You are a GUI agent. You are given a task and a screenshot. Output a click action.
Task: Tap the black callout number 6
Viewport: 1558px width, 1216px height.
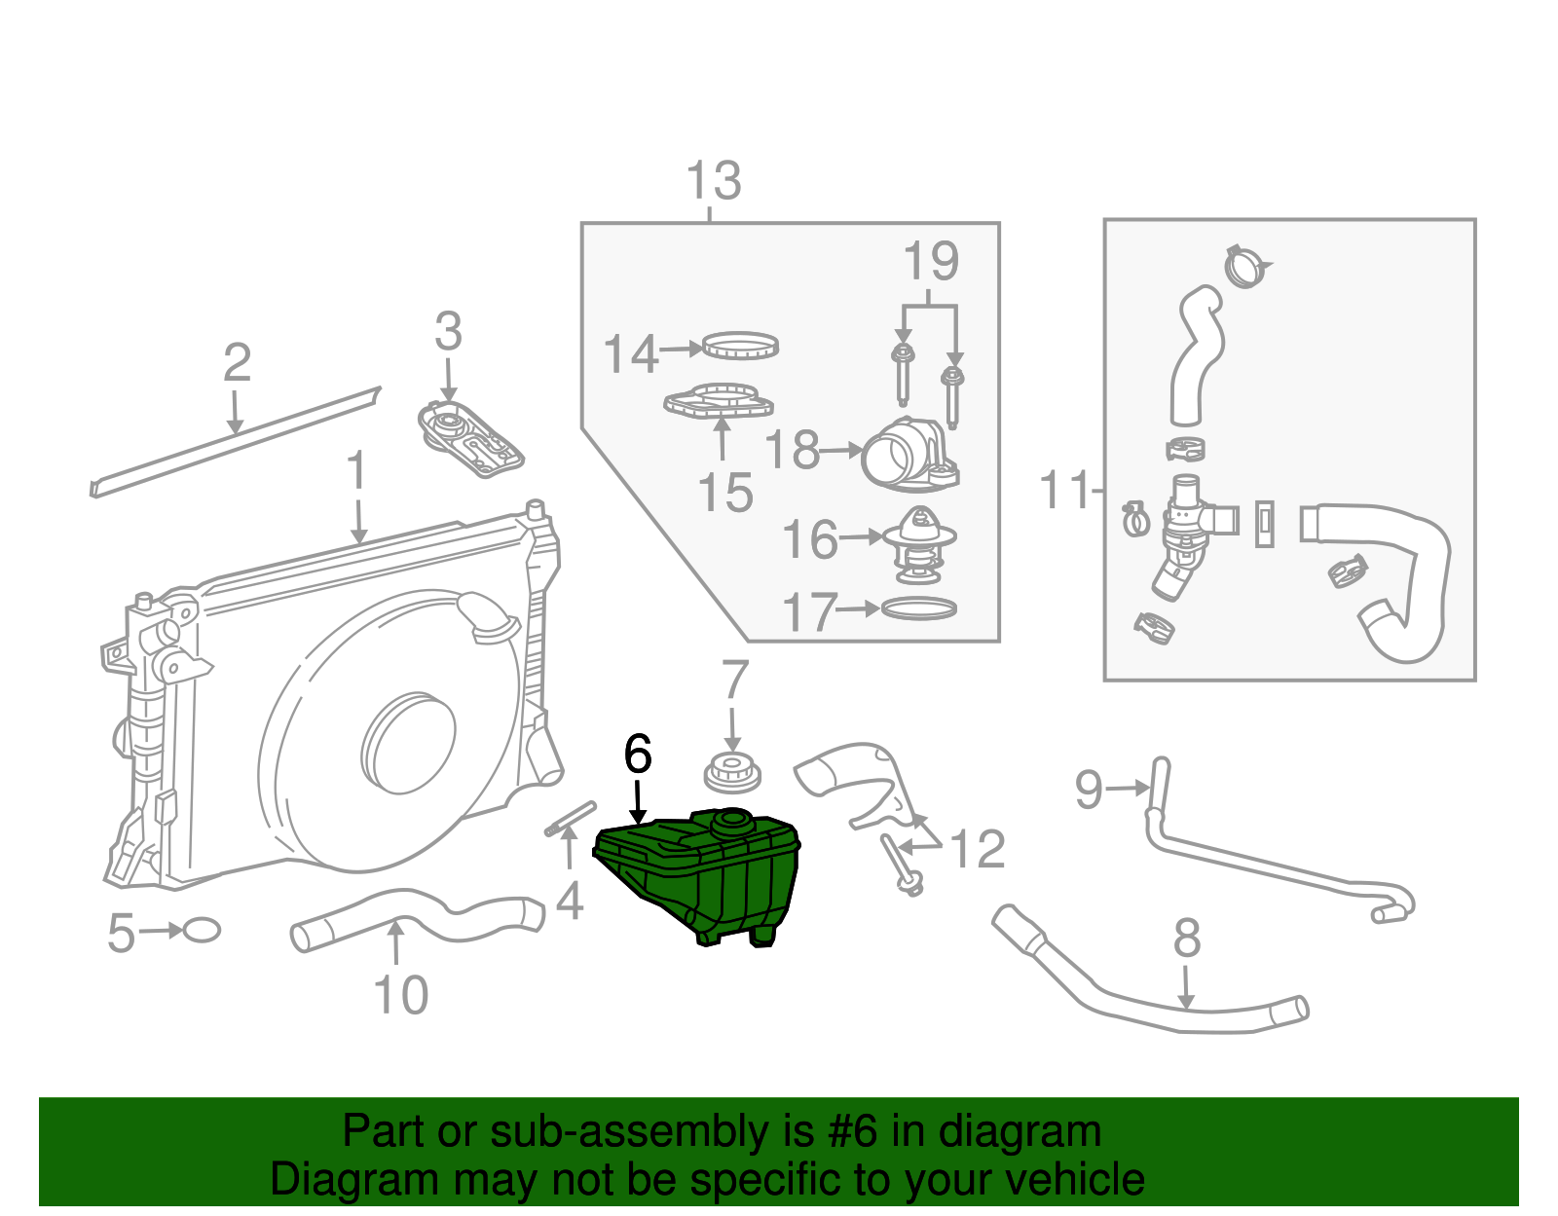click(x=637, y=755)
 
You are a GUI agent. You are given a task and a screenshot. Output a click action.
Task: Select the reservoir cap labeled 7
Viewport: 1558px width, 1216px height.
click(x=731, y=773)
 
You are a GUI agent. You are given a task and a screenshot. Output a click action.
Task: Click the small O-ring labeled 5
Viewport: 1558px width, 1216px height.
click(x=202, y=930)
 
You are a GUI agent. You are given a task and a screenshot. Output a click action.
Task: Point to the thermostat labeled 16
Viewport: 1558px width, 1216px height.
click(x=919, y=545)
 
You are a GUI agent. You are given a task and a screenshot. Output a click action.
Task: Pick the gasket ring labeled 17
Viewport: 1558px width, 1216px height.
click(x=918, y=608)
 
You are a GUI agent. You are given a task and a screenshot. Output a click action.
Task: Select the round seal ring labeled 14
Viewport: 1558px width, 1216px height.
click(x=740, y=345)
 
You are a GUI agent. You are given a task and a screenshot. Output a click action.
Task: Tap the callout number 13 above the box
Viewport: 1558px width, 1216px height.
click(x=714, y=181)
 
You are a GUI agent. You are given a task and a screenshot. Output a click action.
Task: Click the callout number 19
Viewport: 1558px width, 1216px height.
click(x=931, y=261)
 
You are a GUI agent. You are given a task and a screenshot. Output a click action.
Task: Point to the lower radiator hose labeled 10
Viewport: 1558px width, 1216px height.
click(x=419, y=916)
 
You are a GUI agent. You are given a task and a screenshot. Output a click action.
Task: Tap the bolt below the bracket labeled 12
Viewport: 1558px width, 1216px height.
click(x=902, y=865)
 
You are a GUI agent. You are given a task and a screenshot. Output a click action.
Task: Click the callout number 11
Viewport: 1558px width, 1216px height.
click(x=1063, y=490)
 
